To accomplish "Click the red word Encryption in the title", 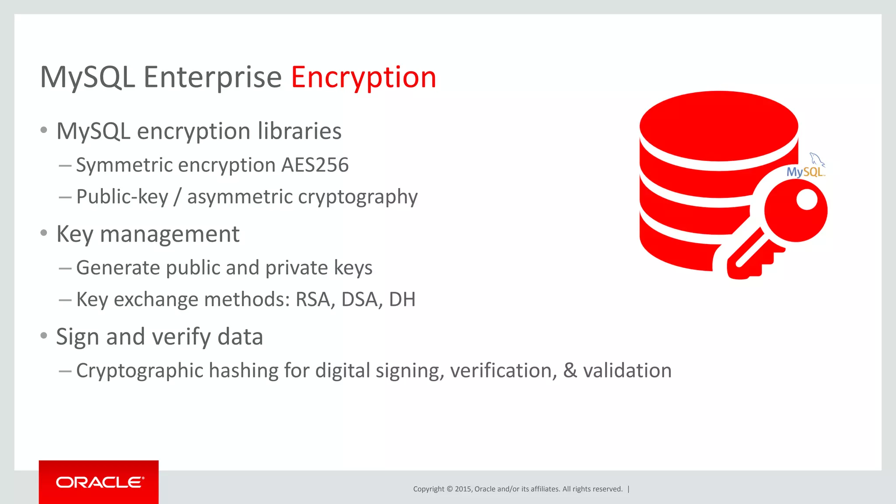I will (x=364, y=77).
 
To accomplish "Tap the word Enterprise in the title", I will (x=213, y=77).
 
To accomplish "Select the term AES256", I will (x=315, y=165).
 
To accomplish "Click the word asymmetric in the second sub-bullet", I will (x=240, y=197).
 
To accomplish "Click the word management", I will (x=170, y=234).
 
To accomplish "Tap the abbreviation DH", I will (x=402, y=300).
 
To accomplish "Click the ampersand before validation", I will (x=570, y=371).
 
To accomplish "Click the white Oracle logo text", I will (x=100, y=482).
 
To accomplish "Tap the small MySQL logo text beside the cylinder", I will (x=805, y=171).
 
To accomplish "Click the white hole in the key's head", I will (x=807, y=200).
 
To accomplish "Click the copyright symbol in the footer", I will (x=449, y=489).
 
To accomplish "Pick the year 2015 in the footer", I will (x=463, y=489).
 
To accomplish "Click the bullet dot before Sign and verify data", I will (x=43, y=336).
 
